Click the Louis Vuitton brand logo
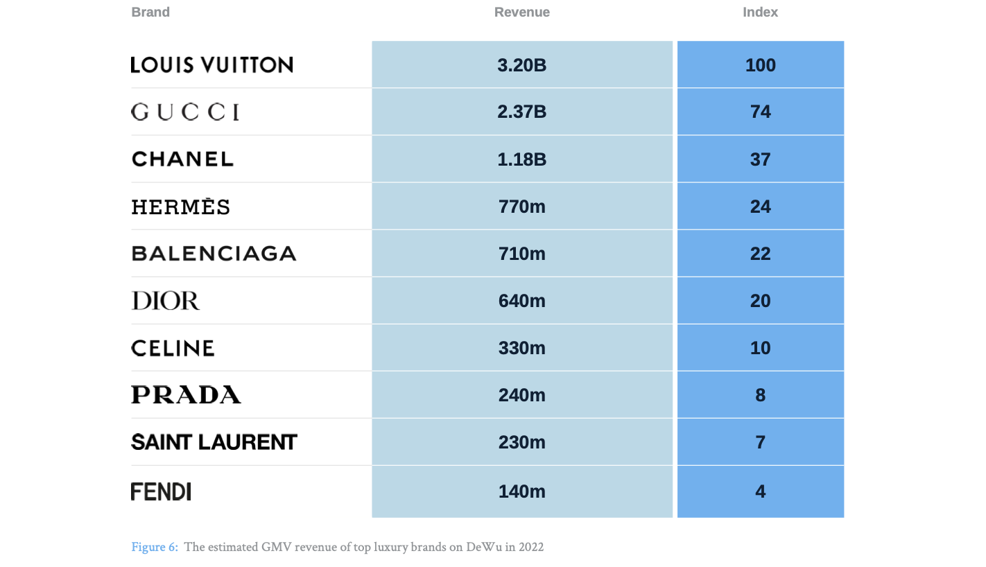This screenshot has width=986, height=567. click(x=211, y=65)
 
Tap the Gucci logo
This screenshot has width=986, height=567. click(x=185, y=112)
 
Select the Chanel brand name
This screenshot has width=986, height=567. click(x=182, y=159)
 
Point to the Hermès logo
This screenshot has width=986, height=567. click(x=180, y=207)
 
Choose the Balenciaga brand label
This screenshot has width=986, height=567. click(x=214, y=254)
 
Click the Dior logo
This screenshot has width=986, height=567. click(x=165, y=301)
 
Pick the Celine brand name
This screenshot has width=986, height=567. click(x=173, y=348)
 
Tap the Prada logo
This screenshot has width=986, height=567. click(x=186, y=395)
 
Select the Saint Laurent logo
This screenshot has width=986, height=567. click(x=214, y=442)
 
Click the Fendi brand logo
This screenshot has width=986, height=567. click(x=161, y=491)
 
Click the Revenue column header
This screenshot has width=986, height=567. click(x=521, y=12)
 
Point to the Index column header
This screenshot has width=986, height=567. click(x=760, y=12)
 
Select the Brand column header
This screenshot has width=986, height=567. click(x=150, y=12)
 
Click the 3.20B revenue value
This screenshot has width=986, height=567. click(x=521, y=65)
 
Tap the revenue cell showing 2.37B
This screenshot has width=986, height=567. click(x=521, y=112)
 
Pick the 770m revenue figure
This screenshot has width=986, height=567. click(x=521, y=207)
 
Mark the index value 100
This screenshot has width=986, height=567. click(x=760, y=65)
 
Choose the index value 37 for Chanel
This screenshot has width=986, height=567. click(x=760, y=159)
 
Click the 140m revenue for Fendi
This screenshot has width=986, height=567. click(x=521, y=491)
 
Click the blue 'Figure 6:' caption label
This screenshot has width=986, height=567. click(x=155, y=548)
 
